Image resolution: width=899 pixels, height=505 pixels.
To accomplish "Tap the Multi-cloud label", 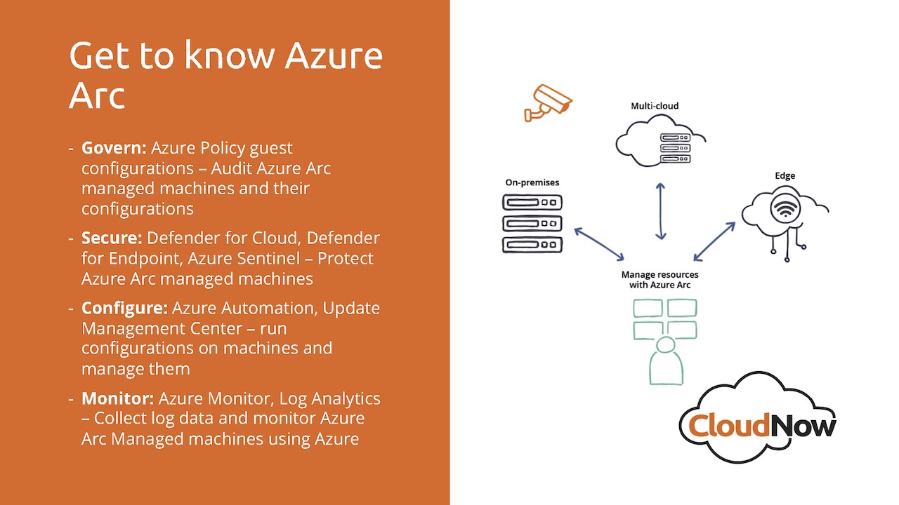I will click(655, 106).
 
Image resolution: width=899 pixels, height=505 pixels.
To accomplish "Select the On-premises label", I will click(532, 182).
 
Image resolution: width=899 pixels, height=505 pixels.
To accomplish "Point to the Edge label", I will click(785, 175).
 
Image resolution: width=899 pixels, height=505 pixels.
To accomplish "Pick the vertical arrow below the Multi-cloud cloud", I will click(660, 210).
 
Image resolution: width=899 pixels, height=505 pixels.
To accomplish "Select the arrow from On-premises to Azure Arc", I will click(599, 243).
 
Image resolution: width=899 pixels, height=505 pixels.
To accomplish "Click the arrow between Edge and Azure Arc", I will click(714, 242).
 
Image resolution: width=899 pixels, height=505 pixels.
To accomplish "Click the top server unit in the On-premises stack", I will click(532, 203).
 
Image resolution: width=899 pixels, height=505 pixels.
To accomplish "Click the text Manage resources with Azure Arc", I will click(660, 280).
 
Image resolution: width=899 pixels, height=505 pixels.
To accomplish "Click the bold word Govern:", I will click(114, 148).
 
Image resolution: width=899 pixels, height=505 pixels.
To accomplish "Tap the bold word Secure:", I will click(112, 238).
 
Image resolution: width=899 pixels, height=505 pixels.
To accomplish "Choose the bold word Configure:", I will click(124, 308).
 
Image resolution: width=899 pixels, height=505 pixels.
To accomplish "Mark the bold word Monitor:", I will click(117, 398).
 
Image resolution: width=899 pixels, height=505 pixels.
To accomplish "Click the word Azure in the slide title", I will click(333, 56).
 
